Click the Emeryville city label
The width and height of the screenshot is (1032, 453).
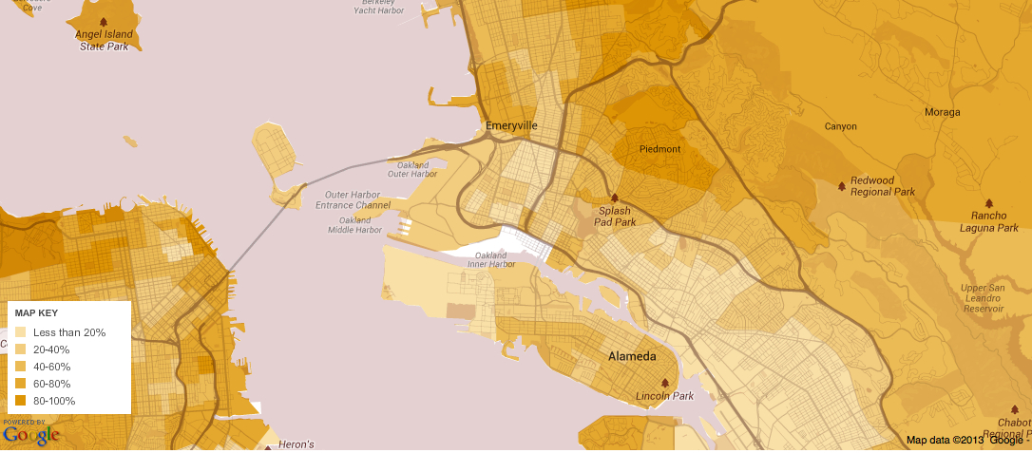pyautogui.click(x=511, y=125)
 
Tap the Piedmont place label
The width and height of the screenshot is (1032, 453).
pyautogui.click(x=659, y=149)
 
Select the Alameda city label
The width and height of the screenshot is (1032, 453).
pyautogui.click(x=631, y=357)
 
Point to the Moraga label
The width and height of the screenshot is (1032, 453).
pyautogui.click(x=943, y=112)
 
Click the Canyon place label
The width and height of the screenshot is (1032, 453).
pyautogui.click(x=840, y=126)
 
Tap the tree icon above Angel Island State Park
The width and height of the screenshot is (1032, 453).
pyautogui.click(x=104, y=21)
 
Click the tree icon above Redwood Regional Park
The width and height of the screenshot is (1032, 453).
pyautogui.click(x=841, y=186)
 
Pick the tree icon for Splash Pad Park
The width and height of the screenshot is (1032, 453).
pyautogui.click(x=615, y=198)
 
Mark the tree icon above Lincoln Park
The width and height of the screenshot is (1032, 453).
pyautogui.click(x=664, y=383)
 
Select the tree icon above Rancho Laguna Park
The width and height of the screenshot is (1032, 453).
pyautogui.click(x=989, y=203)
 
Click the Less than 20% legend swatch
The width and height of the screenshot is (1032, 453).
pyautogui.click(x=20, y=332)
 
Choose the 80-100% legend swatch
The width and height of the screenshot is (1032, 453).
pyautogui.click(x=20, y=401)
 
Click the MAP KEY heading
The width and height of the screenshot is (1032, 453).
pyautogui.click(x=37, y=312)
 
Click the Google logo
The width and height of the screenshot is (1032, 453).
pyautogui.click(x=30, y=435)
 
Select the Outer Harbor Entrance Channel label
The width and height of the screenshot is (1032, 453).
pyautogui.click(x=353, y=199)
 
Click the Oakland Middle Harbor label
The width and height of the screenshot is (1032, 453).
pyautogui.click(x=354, y=225)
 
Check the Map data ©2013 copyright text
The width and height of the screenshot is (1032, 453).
pyautogui.click(x=946, y=440)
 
